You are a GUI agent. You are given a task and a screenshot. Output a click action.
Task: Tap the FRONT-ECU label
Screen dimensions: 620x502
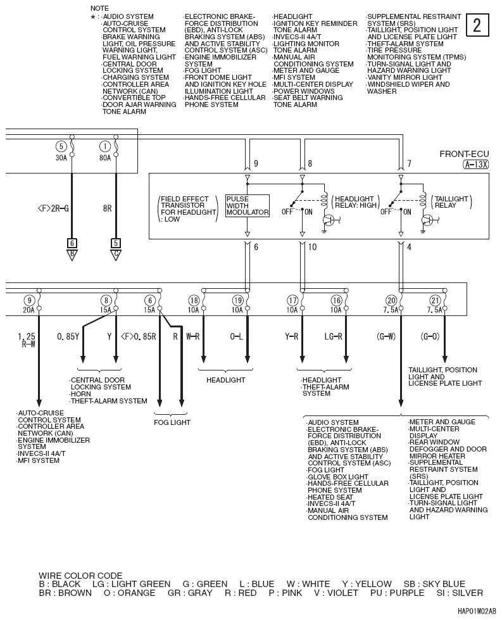point(464,154)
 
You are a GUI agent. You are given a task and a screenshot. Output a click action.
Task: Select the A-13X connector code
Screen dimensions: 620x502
point(475,165)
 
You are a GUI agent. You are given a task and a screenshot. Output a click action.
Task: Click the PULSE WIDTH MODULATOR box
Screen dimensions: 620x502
point(248,206)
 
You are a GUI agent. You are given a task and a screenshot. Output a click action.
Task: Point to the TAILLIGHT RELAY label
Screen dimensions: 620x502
point(452,202)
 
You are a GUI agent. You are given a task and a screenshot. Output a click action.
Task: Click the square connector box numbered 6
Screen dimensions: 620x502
point(72,243)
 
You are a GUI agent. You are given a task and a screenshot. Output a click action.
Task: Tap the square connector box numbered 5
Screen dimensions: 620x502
point(116,243)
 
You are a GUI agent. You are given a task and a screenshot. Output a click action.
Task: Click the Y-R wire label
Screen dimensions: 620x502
point(292,336)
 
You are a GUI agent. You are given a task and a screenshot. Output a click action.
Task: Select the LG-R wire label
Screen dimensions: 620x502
point(334,336)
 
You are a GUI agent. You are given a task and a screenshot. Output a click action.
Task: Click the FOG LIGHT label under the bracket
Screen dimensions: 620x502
point(172,422)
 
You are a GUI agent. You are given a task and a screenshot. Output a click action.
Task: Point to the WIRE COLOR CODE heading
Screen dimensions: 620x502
point(80,576)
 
